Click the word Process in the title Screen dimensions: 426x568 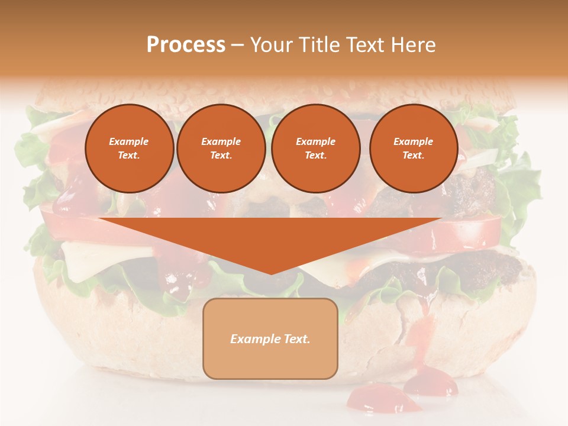coord(186,45)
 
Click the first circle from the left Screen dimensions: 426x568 coord(129,149)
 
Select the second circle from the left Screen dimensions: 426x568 coord(221,149)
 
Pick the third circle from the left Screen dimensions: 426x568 coord(315,149)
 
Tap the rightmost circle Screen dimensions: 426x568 coord(414,149)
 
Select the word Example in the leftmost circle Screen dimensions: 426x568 coord(129,142)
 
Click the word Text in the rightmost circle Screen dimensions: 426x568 coord(414,156)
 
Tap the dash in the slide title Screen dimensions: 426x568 coord(237,45)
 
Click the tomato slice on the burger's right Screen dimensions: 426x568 coord(473,234)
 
